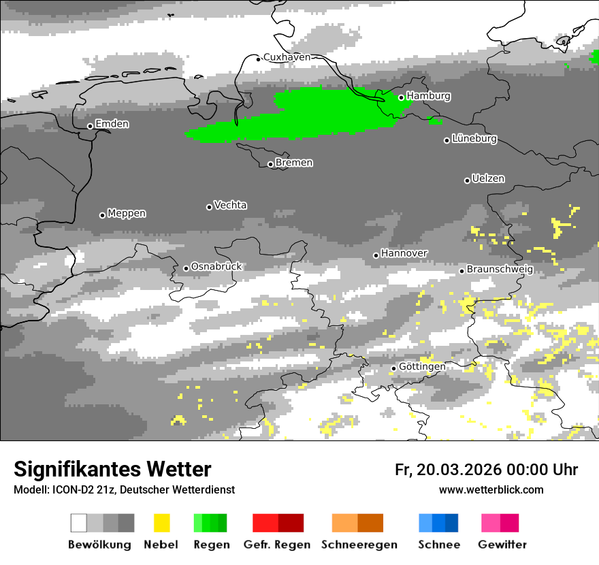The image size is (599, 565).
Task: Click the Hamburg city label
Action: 428,96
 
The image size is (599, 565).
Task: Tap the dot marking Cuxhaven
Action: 259,59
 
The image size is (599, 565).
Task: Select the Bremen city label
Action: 294,163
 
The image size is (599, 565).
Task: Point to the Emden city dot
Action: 90,126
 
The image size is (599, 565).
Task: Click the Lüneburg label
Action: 474,139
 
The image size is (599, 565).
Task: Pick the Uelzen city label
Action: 488,178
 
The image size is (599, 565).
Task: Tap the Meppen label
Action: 127,214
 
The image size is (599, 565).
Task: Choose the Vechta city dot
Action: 209,207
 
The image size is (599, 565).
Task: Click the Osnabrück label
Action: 216,267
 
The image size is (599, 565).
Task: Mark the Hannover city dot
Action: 376,255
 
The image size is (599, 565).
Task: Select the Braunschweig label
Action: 500,270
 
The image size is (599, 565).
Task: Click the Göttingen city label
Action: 422,367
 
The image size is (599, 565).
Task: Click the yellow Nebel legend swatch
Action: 161,523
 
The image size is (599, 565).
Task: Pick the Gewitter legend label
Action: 502,545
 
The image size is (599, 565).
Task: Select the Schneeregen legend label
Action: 359,545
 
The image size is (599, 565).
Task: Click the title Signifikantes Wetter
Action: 112,469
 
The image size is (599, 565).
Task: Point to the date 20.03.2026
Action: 458,470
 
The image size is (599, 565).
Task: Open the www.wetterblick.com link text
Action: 491,490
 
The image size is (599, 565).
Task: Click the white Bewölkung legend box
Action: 79,523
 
